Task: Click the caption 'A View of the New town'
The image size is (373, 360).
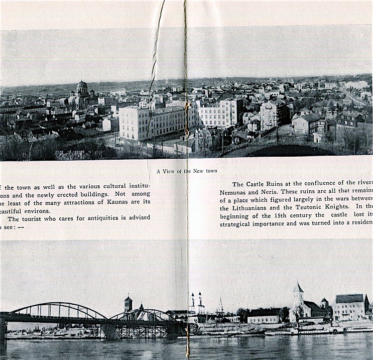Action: coord(187,171)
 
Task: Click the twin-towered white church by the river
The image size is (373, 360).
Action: coord(196,304)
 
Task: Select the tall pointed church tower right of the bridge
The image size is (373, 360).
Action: coord(298,296)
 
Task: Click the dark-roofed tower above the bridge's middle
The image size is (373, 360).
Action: coord(128,303)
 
